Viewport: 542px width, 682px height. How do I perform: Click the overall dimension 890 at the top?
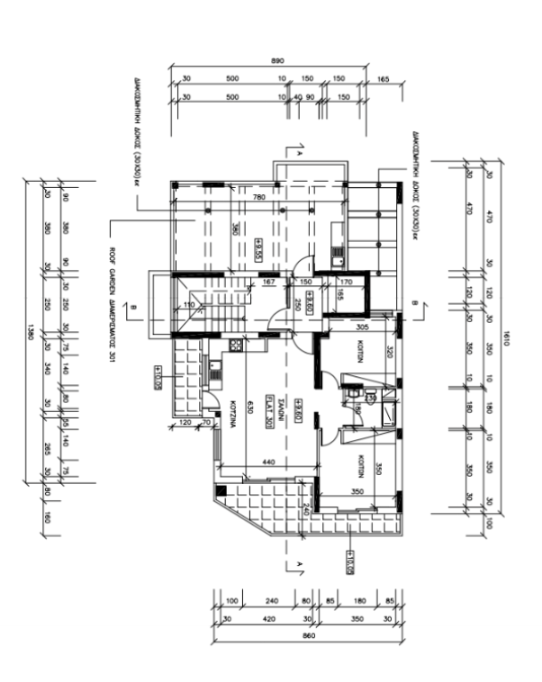tap(277, 60)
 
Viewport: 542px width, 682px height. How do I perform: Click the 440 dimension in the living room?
tap(267, 461)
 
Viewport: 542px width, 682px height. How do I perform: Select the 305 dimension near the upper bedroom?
tap(363, 328)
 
